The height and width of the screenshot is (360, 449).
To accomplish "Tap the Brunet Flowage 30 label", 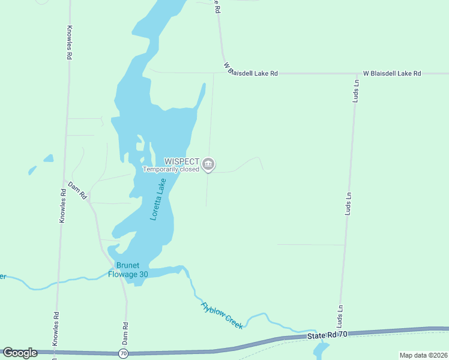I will click(127, 270).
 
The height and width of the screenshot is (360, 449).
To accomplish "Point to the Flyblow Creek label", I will click(222, 315).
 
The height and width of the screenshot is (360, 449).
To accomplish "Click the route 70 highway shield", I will click(123, 353).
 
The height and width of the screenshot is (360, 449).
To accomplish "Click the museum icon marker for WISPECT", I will click(208, 164).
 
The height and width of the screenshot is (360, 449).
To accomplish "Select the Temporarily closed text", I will click(171, 169).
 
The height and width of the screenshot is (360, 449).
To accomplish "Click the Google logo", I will click(20, 353).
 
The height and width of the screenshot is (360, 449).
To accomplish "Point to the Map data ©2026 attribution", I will click(423, 355).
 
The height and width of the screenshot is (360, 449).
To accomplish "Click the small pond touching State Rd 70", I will click(321, 349).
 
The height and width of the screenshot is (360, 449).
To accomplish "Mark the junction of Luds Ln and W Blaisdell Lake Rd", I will click(355, 74).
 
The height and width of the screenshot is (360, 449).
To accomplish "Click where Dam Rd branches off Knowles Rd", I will click(64, 179).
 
